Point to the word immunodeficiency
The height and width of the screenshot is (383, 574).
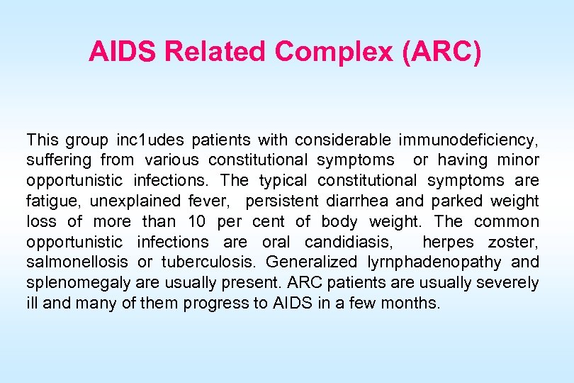click(x=468, y=140)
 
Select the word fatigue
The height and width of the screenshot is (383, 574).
click(x=50, y=201)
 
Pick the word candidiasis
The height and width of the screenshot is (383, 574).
click(x=348, y=242)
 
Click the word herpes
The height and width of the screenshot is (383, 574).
click(x=448, y=242)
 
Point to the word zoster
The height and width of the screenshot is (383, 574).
click(x=513, y=242)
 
